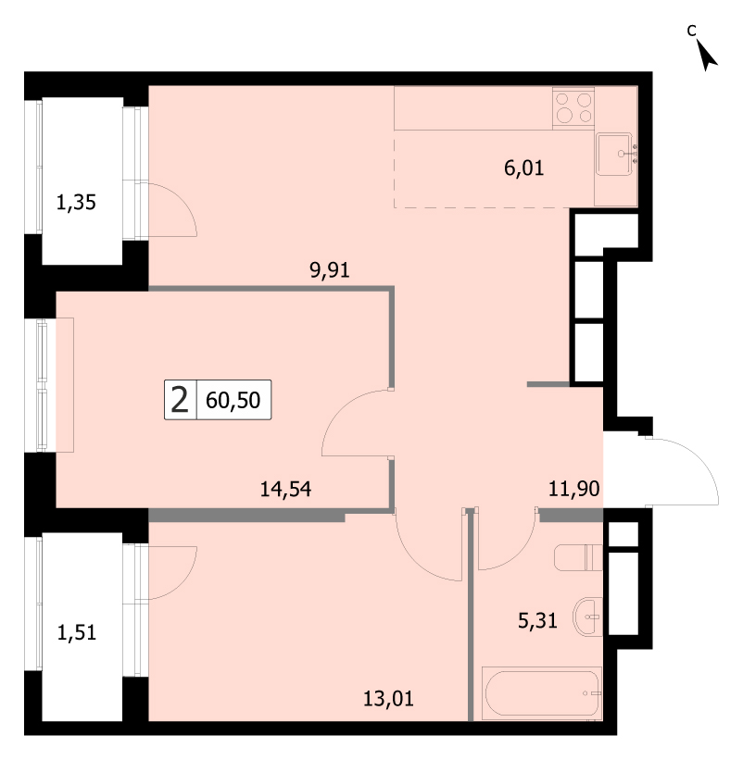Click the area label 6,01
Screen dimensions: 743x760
pos(523,168)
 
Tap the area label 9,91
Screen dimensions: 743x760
pos(330,270)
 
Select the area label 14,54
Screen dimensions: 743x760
pos(285,489)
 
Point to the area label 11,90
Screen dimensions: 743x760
pos(573,489)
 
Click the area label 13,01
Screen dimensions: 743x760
pos(388,699)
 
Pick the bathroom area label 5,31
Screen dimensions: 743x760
pos(537,620)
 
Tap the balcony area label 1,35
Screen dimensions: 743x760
pos(76,202)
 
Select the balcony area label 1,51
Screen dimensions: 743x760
pos(77,632)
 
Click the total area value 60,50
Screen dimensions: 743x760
pos(233,400)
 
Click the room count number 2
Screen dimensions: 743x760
pos(180,400)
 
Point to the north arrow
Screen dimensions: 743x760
pos(707,55)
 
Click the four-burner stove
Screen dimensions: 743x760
pos(573,108)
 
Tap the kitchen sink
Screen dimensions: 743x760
pos(615,155)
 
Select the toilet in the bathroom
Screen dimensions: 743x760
pos(578,557)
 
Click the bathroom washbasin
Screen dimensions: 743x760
pos(587,617)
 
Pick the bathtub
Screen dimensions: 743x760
pos(542,693)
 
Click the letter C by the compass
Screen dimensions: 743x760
pos(692,31)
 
